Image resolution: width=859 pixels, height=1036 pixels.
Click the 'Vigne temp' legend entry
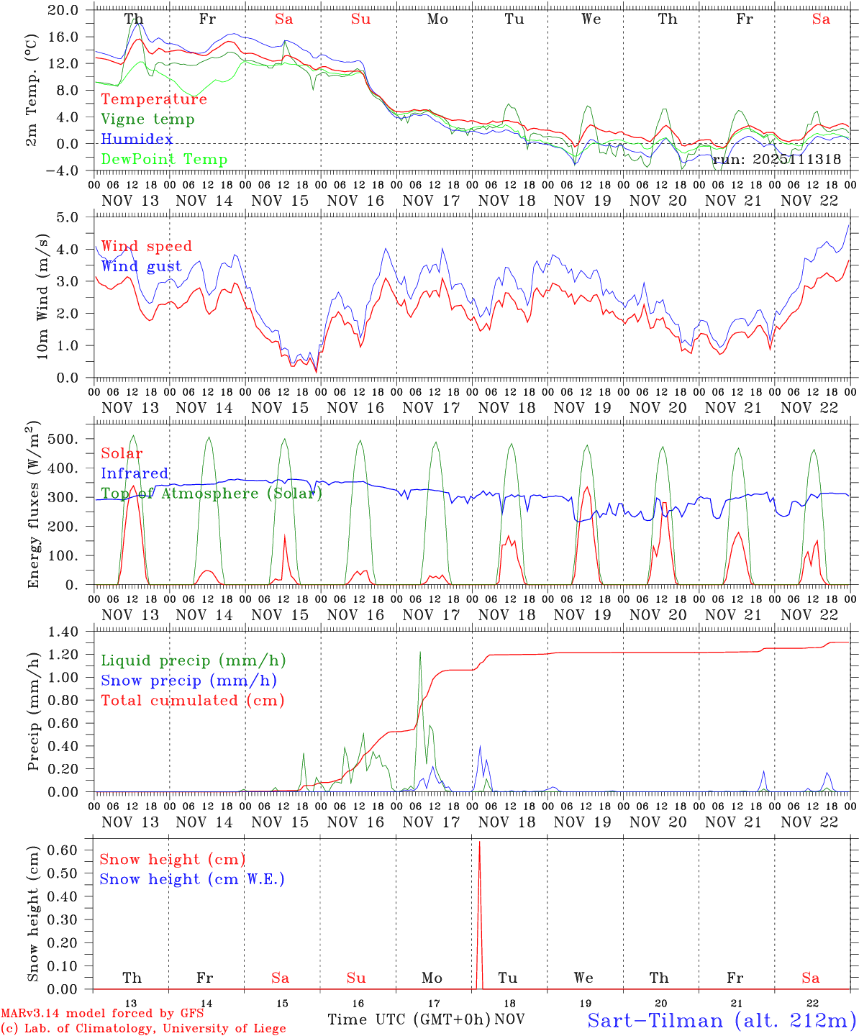coord(147,119)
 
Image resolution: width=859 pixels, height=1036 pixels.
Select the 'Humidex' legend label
coord(137,139)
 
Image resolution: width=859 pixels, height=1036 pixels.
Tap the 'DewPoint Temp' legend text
coord(164,159)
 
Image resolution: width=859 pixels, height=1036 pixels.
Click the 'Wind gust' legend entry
coord(141,266)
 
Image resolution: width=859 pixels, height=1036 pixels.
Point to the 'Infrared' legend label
coord(135,473)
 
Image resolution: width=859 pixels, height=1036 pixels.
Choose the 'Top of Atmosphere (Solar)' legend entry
coord(212,494)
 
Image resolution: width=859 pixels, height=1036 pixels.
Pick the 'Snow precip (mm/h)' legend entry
coord(188,681)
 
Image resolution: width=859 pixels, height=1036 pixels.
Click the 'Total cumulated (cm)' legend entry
coord(193,700)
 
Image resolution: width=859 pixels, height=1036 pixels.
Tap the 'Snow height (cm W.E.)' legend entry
coord(192,879)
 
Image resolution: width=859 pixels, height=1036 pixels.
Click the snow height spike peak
coord(479,841)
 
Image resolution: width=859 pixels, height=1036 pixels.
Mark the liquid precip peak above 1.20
coord(420,652)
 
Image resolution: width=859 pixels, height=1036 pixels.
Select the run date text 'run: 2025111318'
coord(776,159)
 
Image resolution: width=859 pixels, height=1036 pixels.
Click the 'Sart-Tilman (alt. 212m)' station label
coord(721,1020)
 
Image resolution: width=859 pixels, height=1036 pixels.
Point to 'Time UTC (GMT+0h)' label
coord(409,1019)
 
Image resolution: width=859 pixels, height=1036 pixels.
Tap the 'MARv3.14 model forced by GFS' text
coord(102,1013)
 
